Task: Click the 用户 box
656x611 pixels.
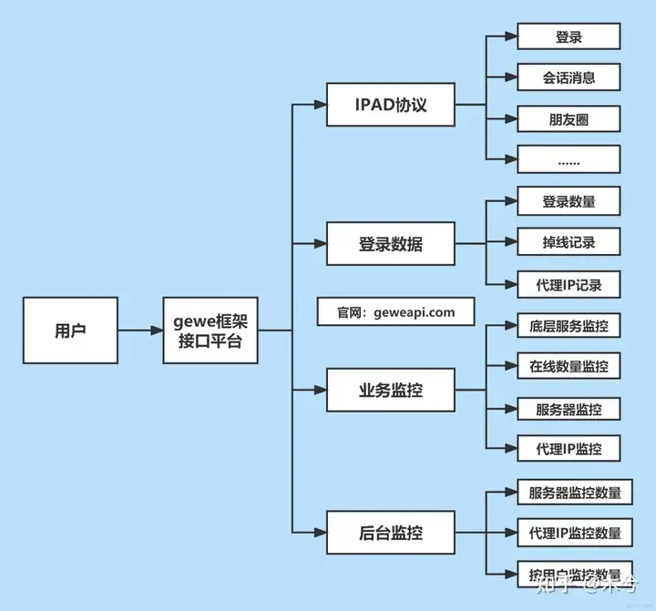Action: (70, 331)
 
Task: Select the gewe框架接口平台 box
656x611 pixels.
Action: (210, 331)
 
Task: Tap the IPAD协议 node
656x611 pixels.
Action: (391, 105)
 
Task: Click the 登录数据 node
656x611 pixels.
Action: (391, 244)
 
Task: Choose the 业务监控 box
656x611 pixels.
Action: (391, 390)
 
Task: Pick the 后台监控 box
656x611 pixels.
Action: (391, 532)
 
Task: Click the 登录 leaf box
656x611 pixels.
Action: (569, 37)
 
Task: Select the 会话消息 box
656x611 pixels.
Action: (569, 77)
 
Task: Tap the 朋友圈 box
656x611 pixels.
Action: (569, 119)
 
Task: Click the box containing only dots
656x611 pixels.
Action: (569, 159)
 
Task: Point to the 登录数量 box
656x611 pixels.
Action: (569, 200)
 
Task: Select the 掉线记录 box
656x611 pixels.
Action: (569, 242)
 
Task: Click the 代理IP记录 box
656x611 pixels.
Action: (569, 284)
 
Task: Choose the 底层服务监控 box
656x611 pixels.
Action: (569, 325)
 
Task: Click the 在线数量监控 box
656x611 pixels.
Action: (569, 366)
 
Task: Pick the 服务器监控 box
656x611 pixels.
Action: (569, 409)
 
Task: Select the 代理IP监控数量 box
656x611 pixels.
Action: (569, 532)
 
